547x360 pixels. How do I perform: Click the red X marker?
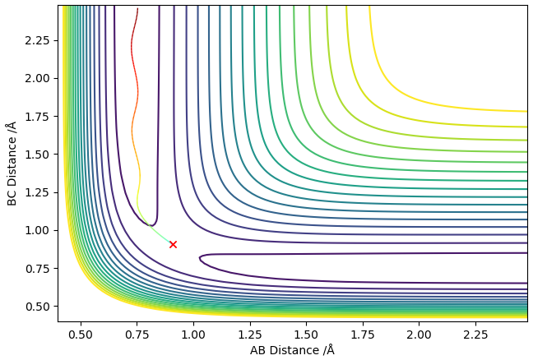click(173, 244)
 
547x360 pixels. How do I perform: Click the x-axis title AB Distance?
click(292, 350)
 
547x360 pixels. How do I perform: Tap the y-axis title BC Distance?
click(12, 162)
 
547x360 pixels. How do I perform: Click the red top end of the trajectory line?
click(137, 10)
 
